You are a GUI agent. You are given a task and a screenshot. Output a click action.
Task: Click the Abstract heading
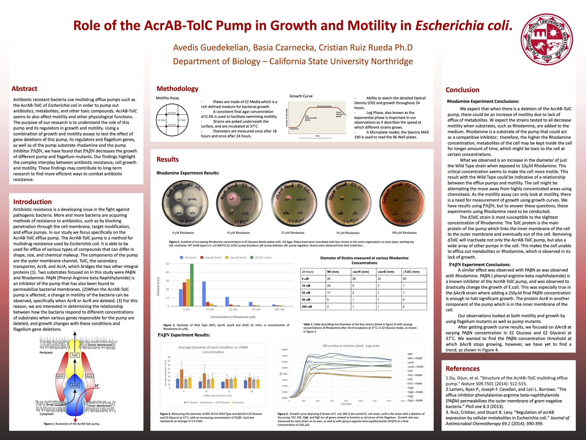point(24,88)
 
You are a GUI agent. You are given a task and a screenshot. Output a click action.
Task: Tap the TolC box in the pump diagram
point(75,355)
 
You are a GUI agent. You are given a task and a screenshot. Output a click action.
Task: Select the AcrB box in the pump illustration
point(75,385)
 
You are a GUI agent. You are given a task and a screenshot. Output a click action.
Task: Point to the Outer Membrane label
point(100,345)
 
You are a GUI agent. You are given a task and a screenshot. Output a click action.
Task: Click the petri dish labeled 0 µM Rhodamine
point(185,204)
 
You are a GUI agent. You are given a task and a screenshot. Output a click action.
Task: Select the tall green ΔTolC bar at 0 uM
point(192,285)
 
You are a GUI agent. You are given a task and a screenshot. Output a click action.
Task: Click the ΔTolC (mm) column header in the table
point(411,272)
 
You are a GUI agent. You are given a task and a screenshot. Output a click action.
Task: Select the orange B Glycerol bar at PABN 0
point(181,379)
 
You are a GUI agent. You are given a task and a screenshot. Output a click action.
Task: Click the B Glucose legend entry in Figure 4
point(238,402)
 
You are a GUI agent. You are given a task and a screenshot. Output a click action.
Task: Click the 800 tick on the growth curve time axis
point(346,401)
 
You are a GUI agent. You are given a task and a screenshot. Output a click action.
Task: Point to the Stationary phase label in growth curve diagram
point(324,106)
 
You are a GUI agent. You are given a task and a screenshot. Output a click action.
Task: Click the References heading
point(462,369)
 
